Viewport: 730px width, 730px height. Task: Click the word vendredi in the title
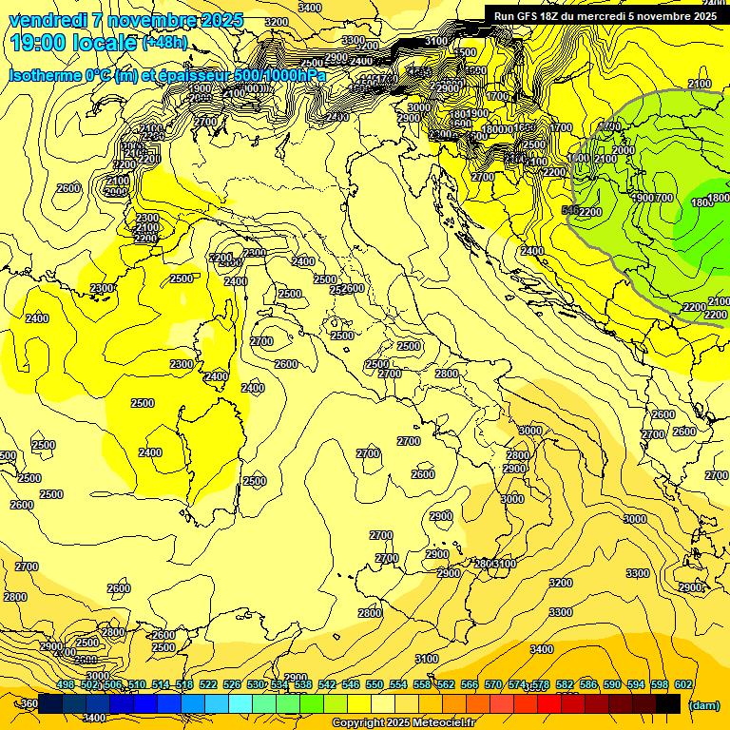[46, 20]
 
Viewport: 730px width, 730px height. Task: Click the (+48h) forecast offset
[164, 43]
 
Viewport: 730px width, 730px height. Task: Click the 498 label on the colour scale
[66, 684]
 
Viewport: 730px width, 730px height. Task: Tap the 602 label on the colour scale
[683, 684]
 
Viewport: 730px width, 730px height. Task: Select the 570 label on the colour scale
[493, 684]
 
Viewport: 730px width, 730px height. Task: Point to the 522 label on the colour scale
[208, 684]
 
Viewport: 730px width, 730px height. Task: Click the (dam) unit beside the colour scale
[703, 704]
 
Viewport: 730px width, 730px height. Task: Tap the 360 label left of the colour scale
[29, 704]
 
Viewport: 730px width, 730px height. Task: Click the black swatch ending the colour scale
[668, 703]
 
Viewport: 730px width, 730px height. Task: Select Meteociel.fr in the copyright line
[443, 723]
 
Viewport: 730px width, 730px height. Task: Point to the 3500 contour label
[465, 52]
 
